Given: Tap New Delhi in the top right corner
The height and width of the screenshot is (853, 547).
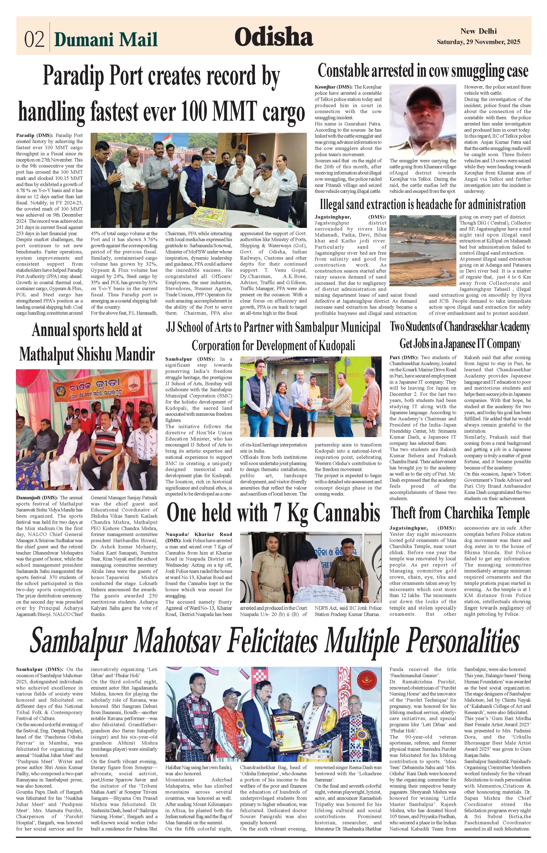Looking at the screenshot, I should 478,31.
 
